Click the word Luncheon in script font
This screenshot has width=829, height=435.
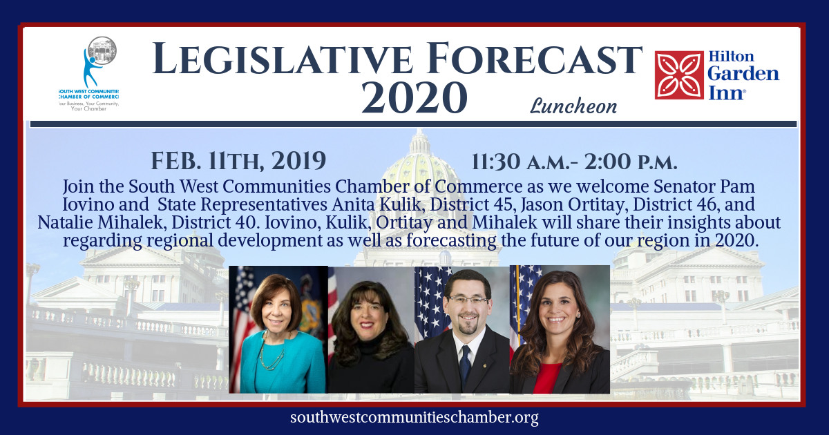pos(573,106)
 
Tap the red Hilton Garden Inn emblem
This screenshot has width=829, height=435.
pos(679,75)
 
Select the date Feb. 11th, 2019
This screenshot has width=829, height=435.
pos(238,161)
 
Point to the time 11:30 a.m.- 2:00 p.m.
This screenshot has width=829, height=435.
pos(574,162)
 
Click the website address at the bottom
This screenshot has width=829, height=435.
pos(414,418)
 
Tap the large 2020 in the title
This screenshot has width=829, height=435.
pos(414,97)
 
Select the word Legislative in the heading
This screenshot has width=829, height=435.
pos(282,59)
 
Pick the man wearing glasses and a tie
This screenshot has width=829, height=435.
pos(463,333)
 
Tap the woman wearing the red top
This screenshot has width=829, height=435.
pos(560,333)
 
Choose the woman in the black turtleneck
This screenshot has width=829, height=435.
pos(370,337)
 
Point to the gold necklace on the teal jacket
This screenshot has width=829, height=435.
pos(271,354)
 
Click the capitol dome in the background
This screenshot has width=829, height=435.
pos(420,163)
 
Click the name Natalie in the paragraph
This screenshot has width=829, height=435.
pos(65,222)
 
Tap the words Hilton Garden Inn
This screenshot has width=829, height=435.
pos(743,75)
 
